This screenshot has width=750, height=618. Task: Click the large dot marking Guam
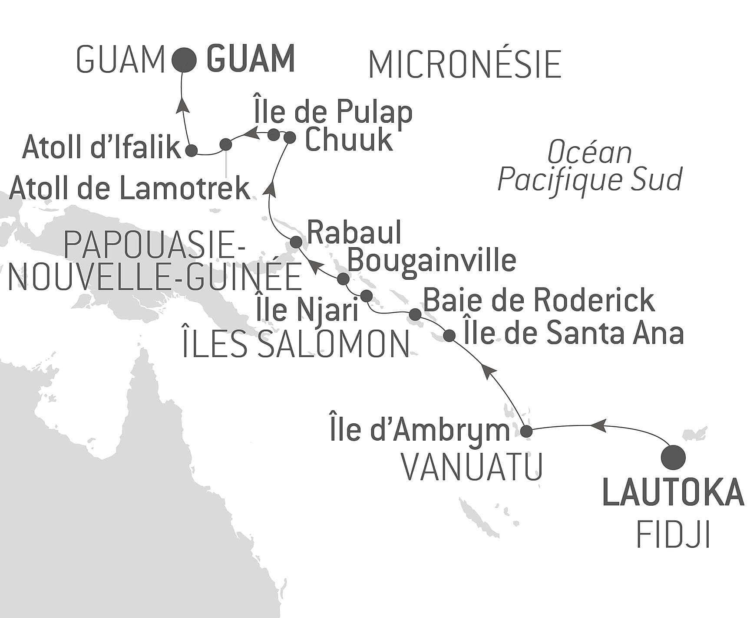(183, 59)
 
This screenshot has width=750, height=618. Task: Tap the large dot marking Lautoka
(673, 457)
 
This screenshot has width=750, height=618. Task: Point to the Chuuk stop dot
(289, 137)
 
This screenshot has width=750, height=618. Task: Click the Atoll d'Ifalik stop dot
(191, 150)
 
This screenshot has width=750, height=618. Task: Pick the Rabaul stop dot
(296, 242)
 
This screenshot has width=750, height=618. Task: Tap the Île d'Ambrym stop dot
(526, 432)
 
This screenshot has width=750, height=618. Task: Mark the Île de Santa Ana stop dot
(449, 335)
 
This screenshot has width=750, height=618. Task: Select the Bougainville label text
(432, 260)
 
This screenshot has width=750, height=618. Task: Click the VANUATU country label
(472, 467)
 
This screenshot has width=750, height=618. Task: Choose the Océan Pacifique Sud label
(590, 167)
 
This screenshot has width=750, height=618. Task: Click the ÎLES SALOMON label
(295, 344)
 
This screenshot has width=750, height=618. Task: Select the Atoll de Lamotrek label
(129, 189)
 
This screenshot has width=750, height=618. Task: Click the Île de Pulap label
(332, 113)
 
